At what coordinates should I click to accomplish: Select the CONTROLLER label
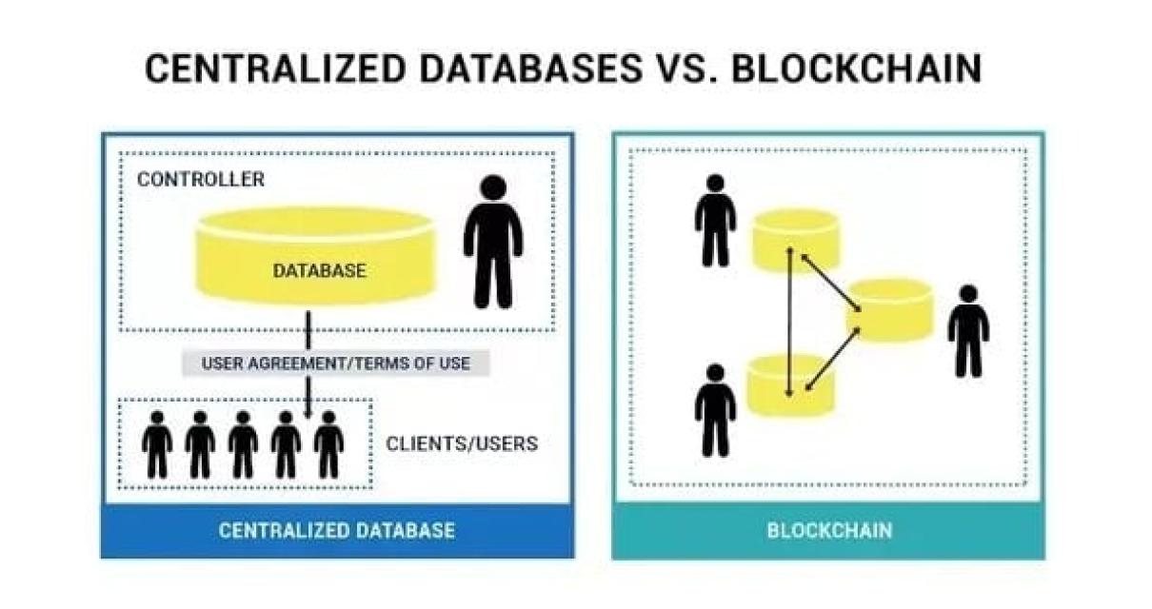(201, 179)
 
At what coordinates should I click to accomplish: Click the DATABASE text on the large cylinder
(319, 270)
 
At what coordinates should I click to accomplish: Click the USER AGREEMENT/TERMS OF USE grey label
(335, 363)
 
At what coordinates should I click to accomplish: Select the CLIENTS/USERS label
(462, 443)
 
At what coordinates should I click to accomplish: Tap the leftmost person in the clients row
(157, 444)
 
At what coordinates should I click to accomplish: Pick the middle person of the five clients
(243, 444)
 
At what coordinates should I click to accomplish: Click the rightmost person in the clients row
(328, 444)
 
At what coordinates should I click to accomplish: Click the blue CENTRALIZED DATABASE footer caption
(336, 530)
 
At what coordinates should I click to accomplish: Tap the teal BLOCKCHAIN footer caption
(829, 530)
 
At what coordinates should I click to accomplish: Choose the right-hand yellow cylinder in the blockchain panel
(890, 309)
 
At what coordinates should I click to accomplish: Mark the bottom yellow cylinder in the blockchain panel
(790, 384)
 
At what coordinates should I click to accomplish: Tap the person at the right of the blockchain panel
(968, 330)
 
